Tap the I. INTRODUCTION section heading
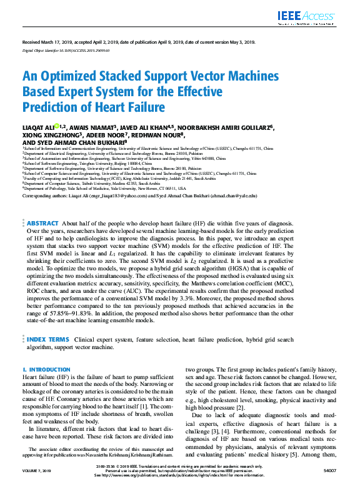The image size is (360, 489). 46,370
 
